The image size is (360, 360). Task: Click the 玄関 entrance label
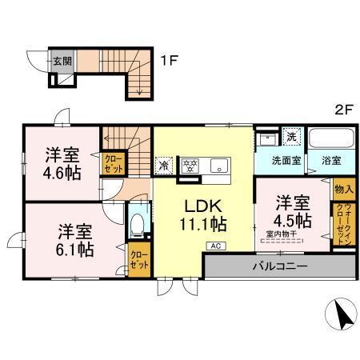click(62, 60)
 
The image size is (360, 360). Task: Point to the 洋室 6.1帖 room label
click(74, 241)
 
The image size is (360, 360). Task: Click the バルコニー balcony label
click(278, 265)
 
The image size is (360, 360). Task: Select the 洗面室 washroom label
click(282, 160)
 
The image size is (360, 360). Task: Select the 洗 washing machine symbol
click(293, 137)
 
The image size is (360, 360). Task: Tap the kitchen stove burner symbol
click(190, 167)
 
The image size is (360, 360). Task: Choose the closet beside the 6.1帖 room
click(137, 261)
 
